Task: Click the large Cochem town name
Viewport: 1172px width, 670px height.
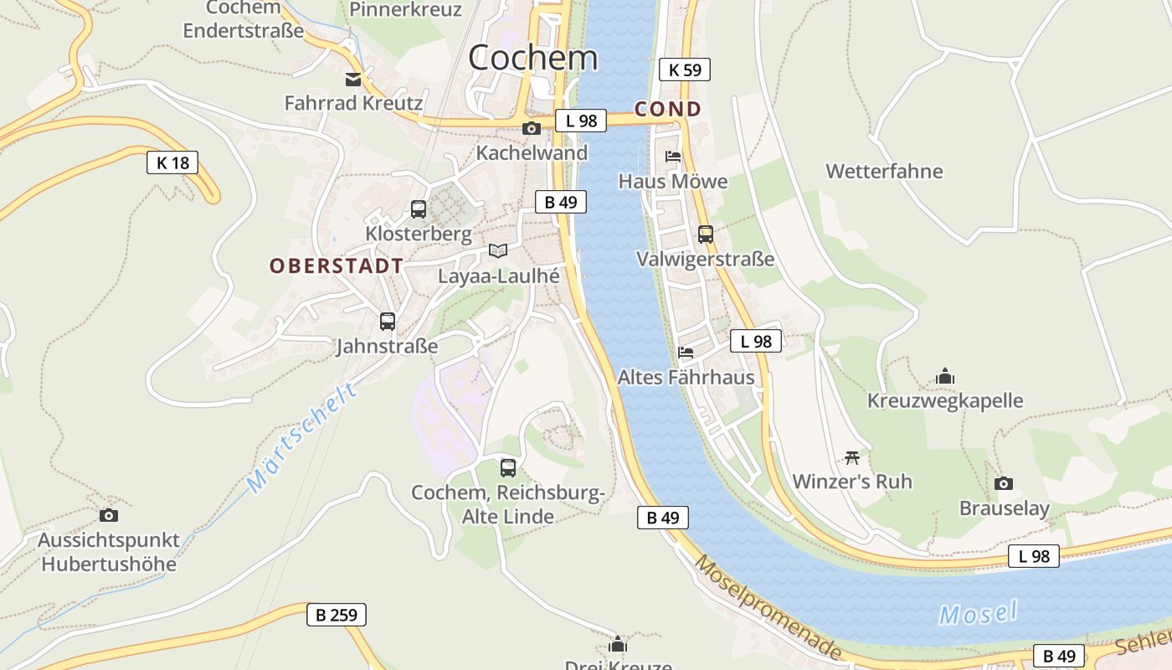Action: click(x=533, y=58)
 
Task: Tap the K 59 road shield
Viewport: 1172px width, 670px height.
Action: click(x=685, y=70)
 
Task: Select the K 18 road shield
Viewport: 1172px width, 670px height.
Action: click(x=173, y=162)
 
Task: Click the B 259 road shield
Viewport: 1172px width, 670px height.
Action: click(x=337, y=615)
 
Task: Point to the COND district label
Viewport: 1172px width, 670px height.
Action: click(x=668, y=109)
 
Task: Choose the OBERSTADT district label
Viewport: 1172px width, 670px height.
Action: click(x=337, y=266)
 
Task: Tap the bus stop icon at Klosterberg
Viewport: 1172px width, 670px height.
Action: click(x=419, y=209)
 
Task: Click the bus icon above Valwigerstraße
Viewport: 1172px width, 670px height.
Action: click(x=706, y=234)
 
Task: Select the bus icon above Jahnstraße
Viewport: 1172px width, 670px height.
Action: click(x=387, y=321)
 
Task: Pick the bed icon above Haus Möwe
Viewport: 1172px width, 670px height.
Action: click(x=673, y=156)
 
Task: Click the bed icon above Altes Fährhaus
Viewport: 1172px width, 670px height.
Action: click(x=686, y=352)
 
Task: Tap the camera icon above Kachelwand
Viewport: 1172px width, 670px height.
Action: click(x=531, y=128)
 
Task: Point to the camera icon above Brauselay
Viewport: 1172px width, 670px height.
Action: click(x=1003, y=483)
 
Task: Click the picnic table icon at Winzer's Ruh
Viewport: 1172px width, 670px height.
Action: click(x=852, y=457)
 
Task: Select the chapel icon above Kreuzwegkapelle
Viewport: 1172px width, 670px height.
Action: click(x=945, y=376)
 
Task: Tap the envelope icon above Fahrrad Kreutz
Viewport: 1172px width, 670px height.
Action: click(x=353, y=80)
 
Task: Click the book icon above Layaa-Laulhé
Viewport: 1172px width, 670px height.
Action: click(x=498, y=250)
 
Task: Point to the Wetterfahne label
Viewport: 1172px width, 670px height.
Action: click(x=884, y=172)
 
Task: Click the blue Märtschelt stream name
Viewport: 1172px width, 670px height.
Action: click(x=302, y=440)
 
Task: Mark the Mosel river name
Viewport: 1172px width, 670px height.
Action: click(x=978, y=614)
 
